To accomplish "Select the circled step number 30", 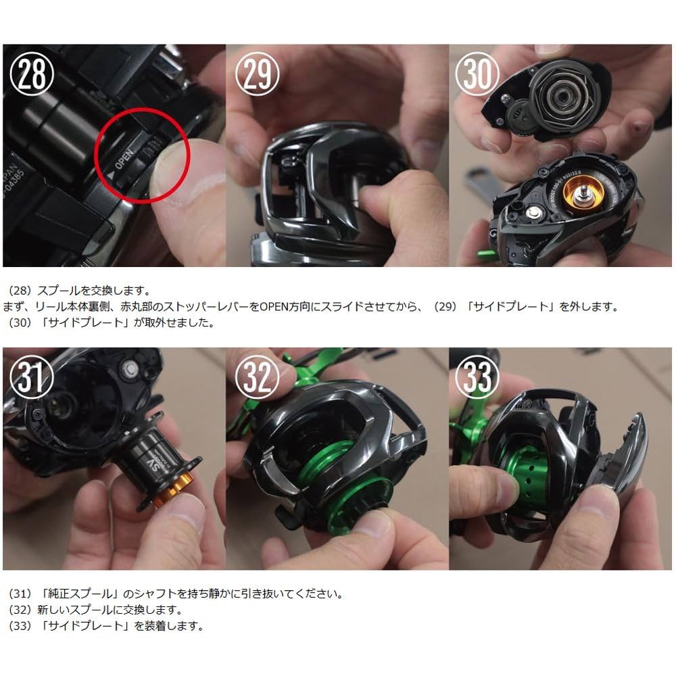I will pos(479,76).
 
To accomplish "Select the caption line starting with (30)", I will pos(112,322).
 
